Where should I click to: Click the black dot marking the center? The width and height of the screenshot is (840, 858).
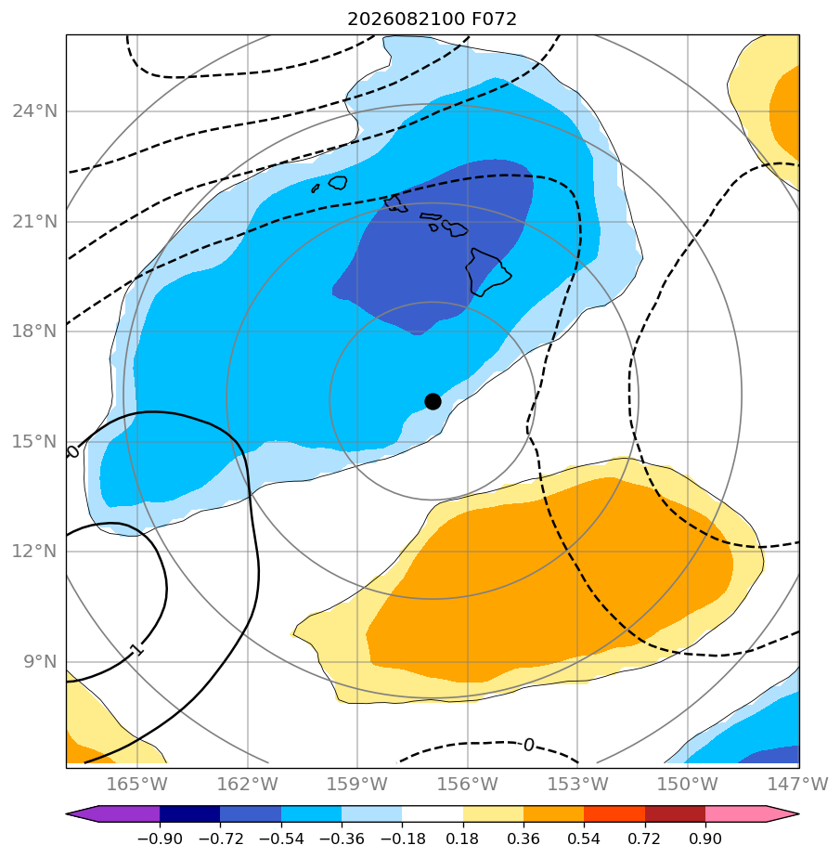point(433,402)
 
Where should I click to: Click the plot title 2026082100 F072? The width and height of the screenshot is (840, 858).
point(432,19)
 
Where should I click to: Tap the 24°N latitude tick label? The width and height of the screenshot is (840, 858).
point(35,111)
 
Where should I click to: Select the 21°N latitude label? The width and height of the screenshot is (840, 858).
point(35,222)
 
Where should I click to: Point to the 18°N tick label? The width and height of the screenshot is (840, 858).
point(35,331)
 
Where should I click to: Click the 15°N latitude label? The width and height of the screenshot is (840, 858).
point(35,441)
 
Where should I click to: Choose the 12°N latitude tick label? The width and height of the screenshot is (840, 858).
point(35,551)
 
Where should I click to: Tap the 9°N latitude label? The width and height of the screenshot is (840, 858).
point(40,662)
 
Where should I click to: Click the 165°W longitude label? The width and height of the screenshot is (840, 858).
point(136,784)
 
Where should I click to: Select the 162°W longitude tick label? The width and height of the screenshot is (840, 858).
point(247,784)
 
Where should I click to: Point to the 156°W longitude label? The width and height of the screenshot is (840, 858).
point(468,784)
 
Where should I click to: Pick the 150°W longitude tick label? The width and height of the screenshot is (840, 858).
point(688,784)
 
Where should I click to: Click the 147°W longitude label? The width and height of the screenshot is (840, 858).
point(798,784)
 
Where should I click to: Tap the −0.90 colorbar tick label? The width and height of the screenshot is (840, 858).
point(160,838)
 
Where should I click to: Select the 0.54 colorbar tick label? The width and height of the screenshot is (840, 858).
point(584,838)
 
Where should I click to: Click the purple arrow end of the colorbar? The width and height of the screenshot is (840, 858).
point(82,813)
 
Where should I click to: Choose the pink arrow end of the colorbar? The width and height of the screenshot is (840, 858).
point(783,813)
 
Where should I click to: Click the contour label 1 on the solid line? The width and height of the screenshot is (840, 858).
point(136,649)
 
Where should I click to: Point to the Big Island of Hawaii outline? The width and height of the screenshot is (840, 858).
point(488,272)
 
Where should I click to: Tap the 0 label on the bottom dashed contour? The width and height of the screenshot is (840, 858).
point(528,745)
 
